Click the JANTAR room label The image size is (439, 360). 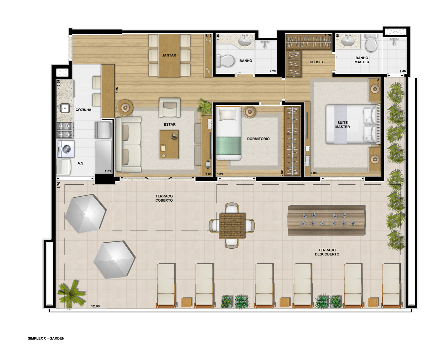[169, 55]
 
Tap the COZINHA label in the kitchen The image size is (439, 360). [83, 110]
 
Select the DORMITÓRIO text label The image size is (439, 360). [258, 139]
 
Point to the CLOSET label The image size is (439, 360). [316, 62]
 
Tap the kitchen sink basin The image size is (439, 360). [65, 108]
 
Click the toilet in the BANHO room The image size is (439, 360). [225, 61]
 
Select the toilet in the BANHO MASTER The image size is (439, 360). [371, 43]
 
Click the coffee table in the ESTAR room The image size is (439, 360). [169, 145]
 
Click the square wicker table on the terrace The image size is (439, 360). [232, 226]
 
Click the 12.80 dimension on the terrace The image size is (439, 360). [95, 306]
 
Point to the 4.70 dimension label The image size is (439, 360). [59, 185]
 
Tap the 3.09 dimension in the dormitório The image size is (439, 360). [219, 174]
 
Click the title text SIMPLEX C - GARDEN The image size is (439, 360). [46, 338]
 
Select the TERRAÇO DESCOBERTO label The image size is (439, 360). [327, 252]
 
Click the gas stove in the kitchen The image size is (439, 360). [65, 130]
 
